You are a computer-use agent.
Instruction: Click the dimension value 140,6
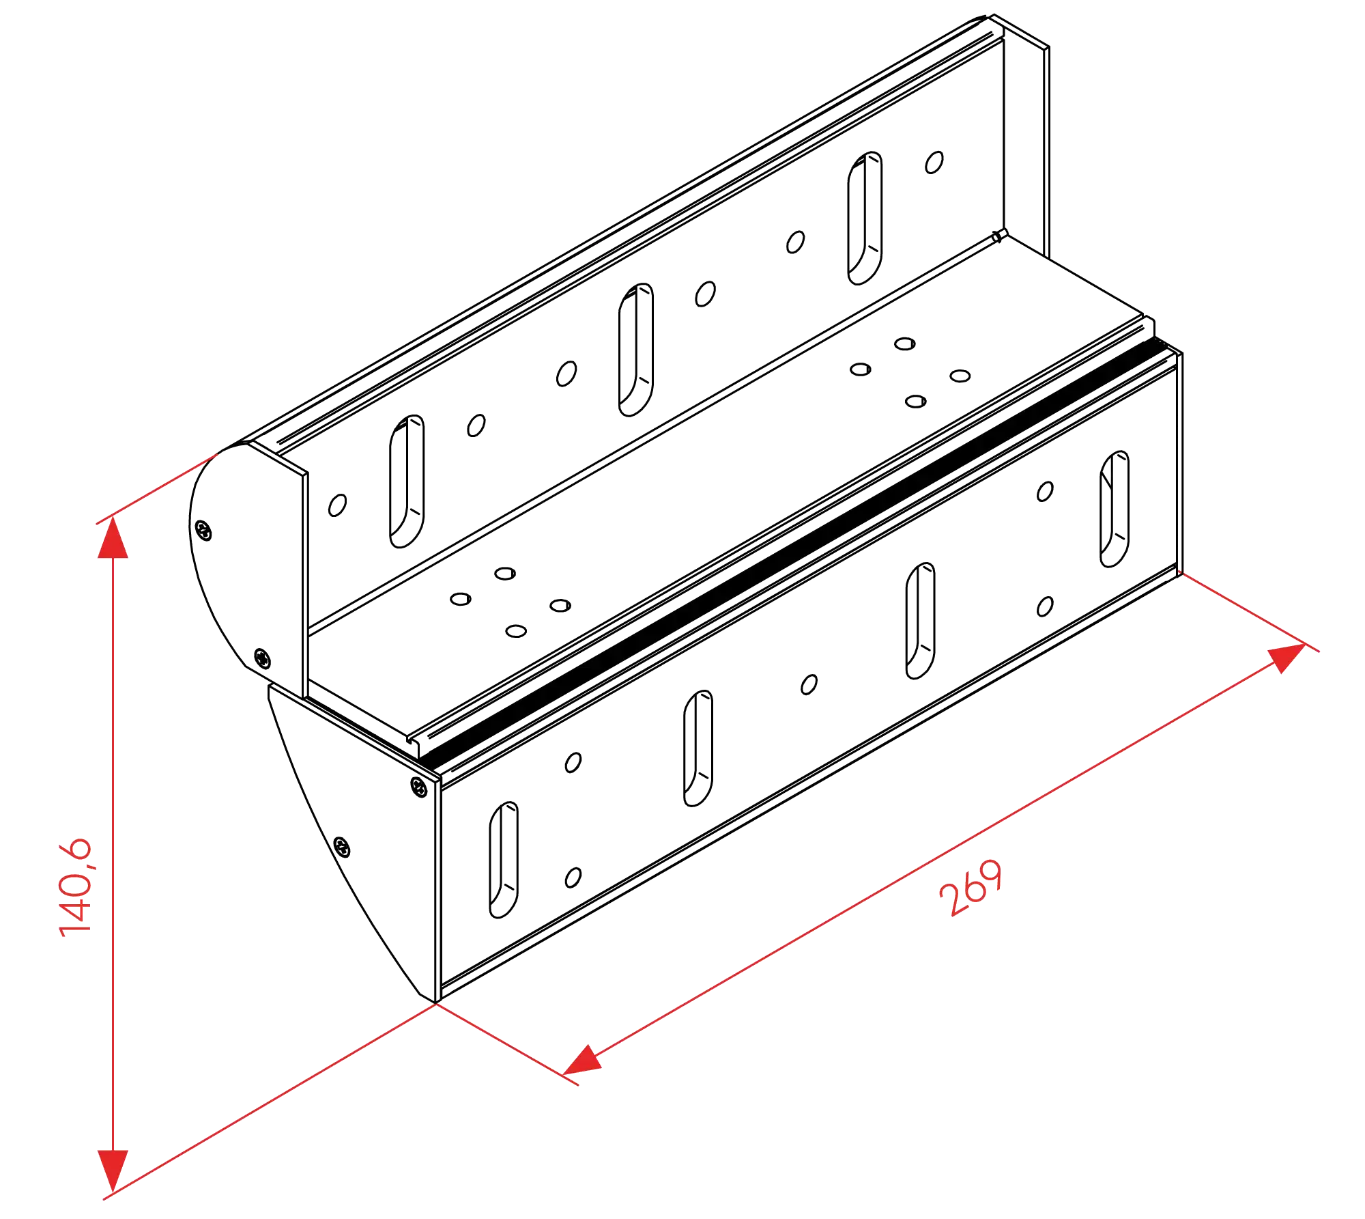[x=75, y=886]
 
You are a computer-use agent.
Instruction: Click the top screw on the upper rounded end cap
[x=203, y=530]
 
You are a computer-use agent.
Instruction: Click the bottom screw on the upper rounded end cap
[x=263, y=658]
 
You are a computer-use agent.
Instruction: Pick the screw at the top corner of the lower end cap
[x=419, y=787]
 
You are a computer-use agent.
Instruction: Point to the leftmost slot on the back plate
[x=407, y=481]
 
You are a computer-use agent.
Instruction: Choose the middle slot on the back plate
[x=636, y=350]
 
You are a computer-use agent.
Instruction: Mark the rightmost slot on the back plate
[x=865, y=218]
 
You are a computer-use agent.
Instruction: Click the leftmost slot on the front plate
[x=504, y=860]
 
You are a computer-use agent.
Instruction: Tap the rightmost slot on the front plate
[x=1115, y=509]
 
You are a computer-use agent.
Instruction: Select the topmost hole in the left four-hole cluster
[x=505, y=574]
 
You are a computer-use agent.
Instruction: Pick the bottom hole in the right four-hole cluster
[x=916, y=402]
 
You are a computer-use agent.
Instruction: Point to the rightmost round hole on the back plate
[x=934, y=163]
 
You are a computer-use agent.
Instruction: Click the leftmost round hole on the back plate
[x=337, y=505]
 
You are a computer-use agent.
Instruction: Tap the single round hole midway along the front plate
[x=809, y=684]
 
